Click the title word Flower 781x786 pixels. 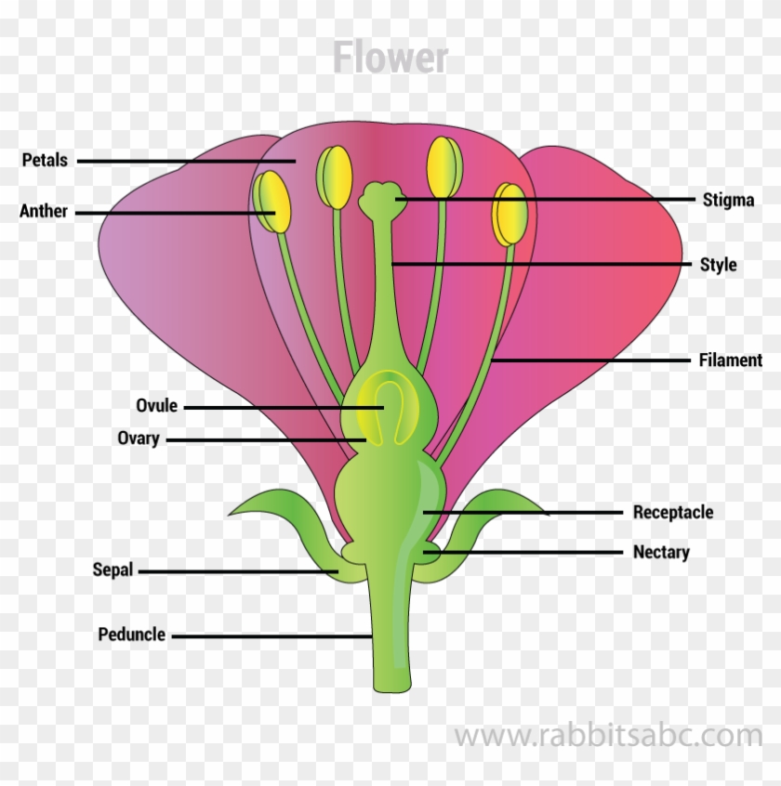pyautogui.click(x=390, y=58)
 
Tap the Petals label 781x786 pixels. pyautogui.click(x=45, y=161)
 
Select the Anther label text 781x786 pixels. pyautogui.click(x=44, y=212)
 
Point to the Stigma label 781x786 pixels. pyautogui.click(x=728, y=200)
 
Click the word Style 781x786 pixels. pyautogui.click(x=718, y=265)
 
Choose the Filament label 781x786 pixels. pyautogui.click(x=730, y=360)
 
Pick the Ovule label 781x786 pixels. pyautogui.click(x=156, y=406)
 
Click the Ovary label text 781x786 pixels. pyautogui.click(x=139, y=439)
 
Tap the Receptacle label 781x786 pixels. pyautogui.click(x=673, y=512)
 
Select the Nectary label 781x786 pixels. pyautogui.click(x=661, y=553)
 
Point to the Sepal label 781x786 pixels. pyautogui.click(x=113, y=570)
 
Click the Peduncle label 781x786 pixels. pyautogui.click(x=132, y=635)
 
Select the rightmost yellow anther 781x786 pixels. pyautogui.click(x=510, y=214)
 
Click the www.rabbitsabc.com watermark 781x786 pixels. pyautogui.click(x=608, y=736)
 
